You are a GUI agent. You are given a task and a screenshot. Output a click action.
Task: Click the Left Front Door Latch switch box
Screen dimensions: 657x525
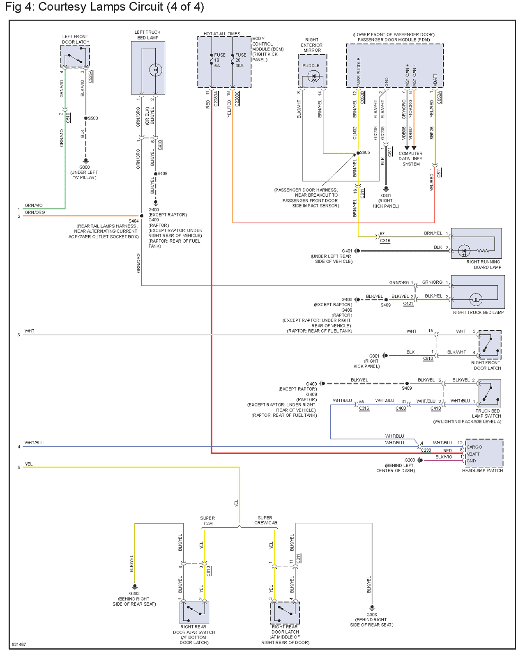75,56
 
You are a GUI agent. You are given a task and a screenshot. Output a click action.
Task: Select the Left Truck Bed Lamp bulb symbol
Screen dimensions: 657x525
155,70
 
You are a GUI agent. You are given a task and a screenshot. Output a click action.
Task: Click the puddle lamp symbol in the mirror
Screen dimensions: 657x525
313,76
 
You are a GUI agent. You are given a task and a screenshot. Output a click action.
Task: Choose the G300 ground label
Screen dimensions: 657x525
85,167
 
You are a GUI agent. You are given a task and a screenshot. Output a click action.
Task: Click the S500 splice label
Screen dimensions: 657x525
93,118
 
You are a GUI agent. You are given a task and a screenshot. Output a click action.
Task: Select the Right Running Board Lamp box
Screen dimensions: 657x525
476,243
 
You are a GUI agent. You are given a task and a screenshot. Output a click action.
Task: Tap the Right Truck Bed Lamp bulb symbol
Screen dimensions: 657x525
475,299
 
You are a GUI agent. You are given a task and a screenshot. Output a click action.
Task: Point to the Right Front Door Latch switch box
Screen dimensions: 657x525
490,345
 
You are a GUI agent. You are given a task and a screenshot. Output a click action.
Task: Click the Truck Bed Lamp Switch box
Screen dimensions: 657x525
489,393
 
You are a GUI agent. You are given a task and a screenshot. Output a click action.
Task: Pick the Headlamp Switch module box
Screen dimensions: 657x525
484,453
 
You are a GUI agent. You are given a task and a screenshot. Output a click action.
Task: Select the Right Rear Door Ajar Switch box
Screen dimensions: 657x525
194,613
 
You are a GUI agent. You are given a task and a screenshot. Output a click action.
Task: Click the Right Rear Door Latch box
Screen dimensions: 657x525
285,613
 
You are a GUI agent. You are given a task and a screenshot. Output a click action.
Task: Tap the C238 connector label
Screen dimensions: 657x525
426,450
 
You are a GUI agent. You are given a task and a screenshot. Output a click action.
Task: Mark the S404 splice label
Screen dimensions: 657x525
134,221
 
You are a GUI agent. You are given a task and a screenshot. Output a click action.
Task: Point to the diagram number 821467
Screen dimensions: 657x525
19,644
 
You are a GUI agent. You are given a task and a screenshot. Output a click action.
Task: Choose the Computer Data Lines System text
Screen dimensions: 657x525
411,159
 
